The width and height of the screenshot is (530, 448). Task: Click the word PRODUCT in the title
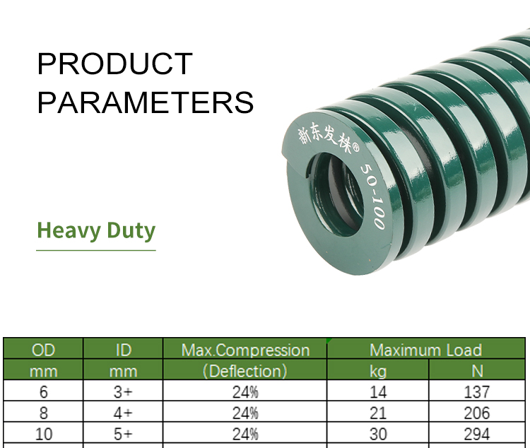click(115, 64)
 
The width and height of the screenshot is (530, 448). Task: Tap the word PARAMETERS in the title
click(146, 102)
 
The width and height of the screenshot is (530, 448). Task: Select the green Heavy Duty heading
click(96, 230)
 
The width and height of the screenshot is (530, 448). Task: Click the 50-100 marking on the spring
click(373, 196)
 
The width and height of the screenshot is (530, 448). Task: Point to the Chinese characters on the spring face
click(329, 139)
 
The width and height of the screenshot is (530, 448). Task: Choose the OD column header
click(43, 350)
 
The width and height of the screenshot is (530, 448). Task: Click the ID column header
click(124, 350)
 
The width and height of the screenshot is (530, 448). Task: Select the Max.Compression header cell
click(245, 350)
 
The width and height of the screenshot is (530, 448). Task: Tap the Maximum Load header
click(426, 350)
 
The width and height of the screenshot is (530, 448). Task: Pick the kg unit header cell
click(378, 371)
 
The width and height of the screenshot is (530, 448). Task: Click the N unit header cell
click(477, 371)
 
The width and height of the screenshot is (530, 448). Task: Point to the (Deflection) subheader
click(245, 371)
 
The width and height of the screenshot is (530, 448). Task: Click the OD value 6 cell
click(44, 392)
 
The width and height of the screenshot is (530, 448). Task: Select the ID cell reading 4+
click(123, 413)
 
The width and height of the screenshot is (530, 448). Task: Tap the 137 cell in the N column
click(476, 392)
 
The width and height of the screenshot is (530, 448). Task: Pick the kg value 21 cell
click(378, 413)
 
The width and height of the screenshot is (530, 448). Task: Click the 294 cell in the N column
click(476, 434)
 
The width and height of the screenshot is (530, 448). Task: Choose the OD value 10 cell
click(44, 434)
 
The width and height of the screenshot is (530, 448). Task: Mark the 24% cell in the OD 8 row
click(245, 413)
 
